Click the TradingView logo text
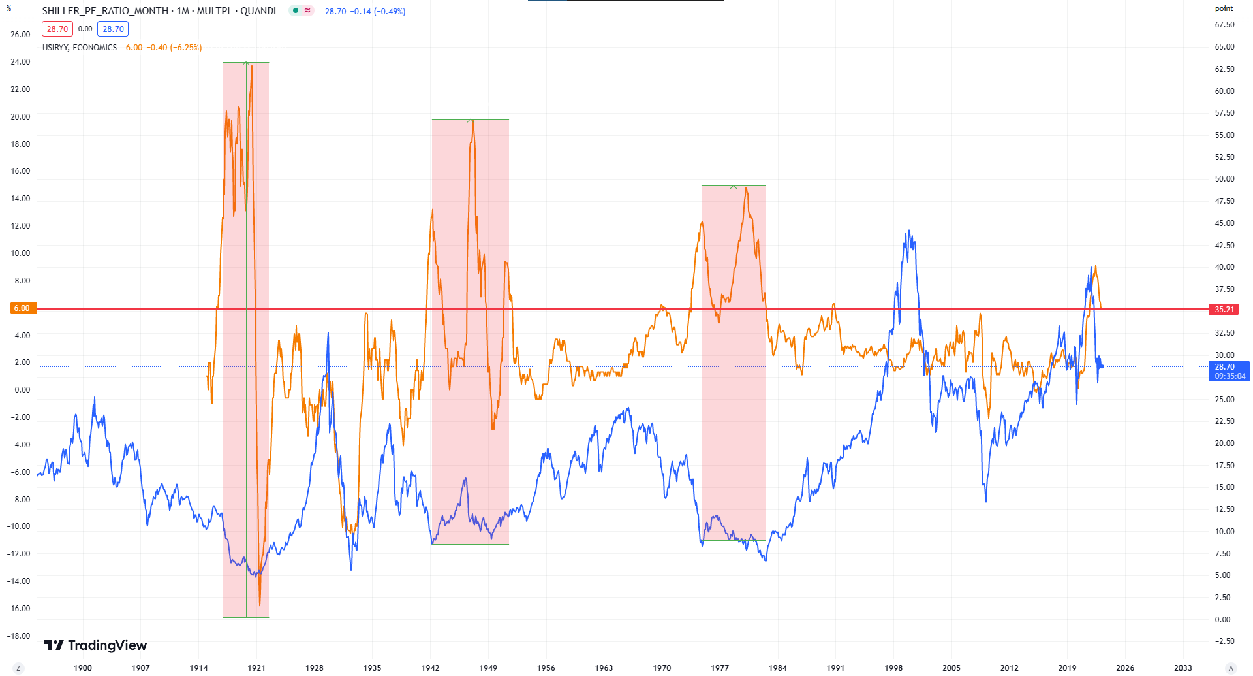[107, 645]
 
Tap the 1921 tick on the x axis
[256, 668]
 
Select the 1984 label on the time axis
[777, 668]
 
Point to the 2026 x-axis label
[1124, 668]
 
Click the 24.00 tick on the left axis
[20, 62]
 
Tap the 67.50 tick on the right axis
[1224, 25]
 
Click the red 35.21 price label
[1224, 309]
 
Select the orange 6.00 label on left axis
[22, 308]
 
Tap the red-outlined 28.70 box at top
[57, 29]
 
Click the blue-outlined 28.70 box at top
[113, 29]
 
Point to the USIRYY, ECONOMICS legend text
[80, 48]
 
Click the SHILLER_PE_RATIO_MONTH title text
[105, 11]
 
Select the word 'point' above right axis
[1224, 8]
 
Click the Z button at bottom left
[18, 668]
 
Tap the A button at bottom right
[1231, 668]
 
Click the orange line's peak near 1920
[252, 66]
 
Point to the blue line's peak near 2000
[908, 231]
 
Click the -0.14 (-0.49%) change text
[378, 11]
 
